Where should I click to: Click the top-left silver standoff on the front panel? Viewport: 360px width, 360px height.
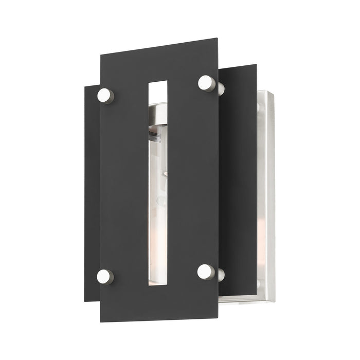(105, 95)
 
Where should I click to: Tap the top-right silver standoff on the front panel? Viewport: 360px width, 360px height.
(206, 83)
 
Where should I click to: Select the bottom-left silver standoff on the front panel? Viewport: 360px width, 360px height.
(105, 277)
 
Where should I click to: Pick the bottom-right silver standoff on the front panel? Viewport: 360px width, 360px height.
(206, 272)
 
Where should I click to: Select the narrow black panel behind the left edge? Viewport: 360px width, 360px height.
(92, 195)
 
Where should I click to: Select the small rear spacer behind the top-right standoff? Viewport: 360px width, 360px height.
(221, 88)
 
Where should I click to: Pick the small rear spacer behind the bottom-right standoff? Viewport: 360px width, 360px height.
(221, 275)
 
